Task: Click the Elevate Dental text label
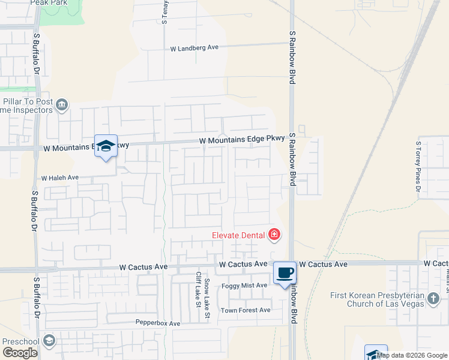pos(238,235)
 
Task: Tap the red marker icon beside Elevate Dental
pos(274,234)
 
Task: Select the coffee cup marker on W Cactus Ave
pos(285,272)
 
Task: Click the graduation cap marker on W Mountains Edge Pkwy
pos(106,146)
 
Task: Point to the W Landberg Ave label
pos(194,48)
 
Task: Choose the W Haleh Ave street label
pos(60,178)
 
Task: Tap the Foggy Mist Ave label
pos(244,286)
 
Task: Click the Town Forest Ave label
pos(246,310)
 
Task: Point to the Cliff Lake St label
pos(197,288)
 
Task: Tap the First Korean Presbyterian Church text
pos(378,299)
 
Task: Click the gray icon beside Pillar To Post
pos(62,106)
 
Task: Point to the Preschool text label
pos(21,341)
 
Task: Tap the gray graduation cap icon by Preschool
pos(49,341)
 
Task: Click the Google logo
pos(20,353)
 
